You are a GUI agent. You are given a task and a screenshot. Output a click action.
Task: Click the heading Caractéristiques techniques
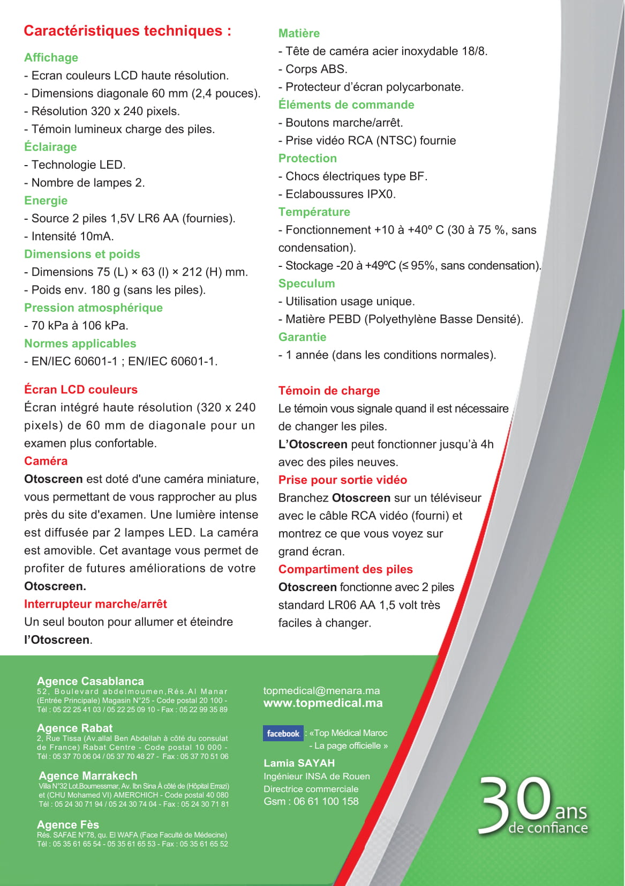click(127, 31)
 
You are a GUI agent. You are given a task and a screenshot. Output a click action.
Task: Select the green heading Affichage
click(51, 57)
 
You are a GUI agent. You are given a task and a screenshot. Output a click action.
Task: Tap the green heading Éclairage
click(50, 147)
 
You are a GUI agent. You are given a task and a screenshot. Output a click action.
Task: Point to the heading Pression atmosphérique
click(93, 308)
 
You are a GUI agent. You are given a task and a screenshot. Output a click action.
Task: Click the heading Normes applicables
click(80, 344)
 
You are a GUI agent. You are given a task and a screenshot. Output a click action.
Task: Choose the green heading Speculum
click(306, 284)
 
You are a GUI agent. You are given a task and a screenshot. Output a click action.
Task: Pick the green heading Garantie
click(302, 337)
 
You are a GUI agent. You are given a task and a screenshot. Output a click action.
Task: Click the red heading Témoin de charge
click(329, 391)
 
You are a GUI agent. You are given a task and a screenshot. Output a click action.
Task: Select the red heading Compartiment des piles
click(345, 569)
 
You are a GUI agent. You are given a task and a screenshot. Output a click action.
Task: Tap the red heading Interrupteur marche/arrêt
click(95, 604)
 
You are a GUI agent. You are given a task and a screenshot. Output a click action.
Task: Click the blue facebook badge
click(283, 733)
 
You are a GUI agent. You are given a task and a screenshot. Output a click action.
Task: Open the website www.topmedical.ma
click(323, 703)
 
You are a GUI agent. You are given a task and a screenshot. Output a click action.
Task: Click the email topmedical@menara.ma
click(321, 691)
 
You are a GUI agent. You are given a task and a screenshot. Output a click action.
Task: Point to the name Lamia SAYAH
click(299, 763)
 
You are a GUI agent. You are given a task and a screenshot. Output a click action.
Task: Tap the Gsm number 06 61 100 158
click(326, 801)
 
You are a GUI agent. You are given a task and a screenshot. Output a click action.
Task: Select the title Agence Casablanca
click(90, 681)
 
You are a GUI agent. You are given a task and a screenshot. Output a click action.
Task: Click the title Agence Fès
click(67, 824)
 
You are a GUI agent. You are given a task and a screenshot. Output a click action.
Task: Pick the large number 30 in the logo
click(514, 806)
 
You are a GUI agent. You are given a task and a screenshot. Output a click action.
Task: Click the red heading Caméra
click(46, 461)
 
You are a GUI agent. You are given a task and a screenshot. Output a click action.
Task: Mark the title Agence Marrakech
click(88, 776)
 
